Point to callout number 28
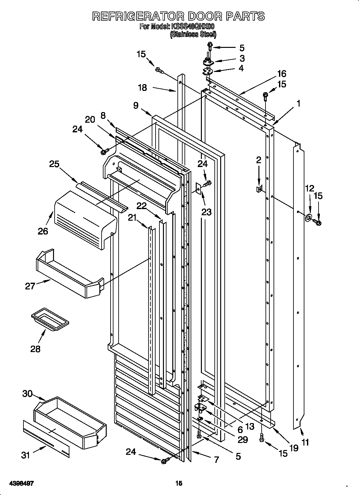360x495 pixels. click(35, 349)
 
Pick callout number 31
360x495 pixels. click(26, 455)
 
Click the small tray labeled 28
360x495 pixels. click(50, 318)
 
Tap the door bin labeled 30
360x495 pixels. click(69, 422)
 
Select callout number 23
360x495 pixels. click(207, 212)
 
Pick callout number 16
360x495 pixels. click(281, 74)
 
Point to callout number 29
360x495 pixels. click(242, 440)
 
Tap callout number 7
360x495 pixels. click(216, 460)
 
